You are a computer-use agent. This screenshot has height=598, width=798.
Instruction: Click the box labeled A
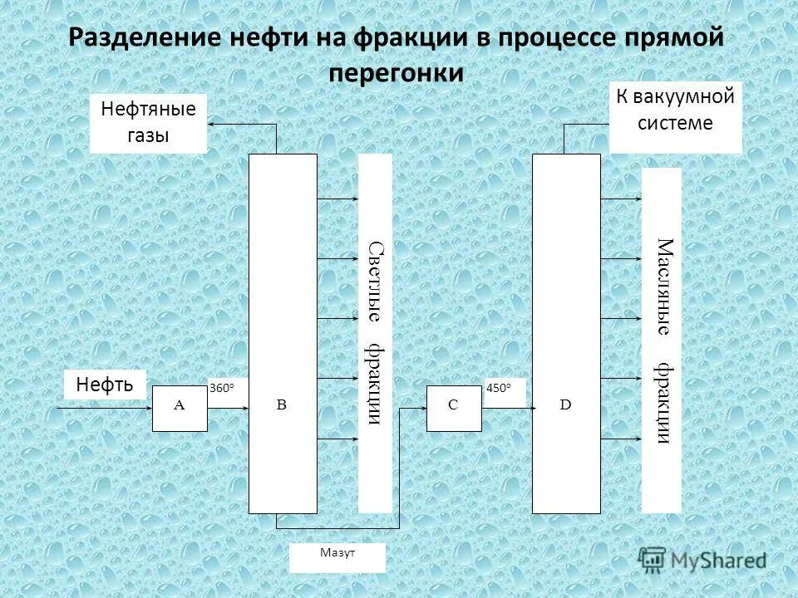point(180,408)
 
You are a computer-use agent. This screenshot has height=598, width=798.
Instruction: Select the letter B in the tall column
point(281,405)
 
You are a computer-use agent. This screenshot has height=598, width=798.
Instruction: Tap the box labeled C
point(453,408)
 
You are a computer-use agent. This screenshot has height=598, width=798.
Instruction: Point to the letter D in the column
point(565,404)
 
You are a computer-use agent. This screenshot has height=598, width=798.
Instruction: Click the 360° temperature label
point(222,388)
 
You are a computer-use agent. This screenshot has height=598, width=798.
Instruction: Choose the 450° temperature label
point(499,388)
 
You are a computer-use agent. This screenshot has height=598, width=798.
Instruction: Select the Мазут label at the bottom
point(337,553)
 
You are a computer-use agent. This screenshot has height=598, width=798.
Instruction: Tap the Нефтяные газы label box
point(148,123)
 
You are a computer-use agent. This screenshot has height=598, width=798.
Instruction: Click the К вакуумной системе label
point(675,110)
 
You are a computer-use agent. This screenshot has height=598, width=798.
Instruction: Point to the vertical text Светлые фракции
point(375,333)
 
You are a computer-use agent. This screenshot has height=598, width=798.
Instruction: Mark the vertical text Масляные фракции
point(662,341)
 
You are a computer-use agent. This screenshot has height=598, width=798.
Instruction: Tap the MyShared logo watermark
point(702,559)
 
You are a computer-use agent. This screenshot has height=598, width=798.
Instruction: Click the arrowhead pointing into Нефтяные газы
point(211,125)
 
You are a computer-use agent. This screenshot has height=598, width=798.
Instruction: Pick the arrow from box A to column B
point(229,408)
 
